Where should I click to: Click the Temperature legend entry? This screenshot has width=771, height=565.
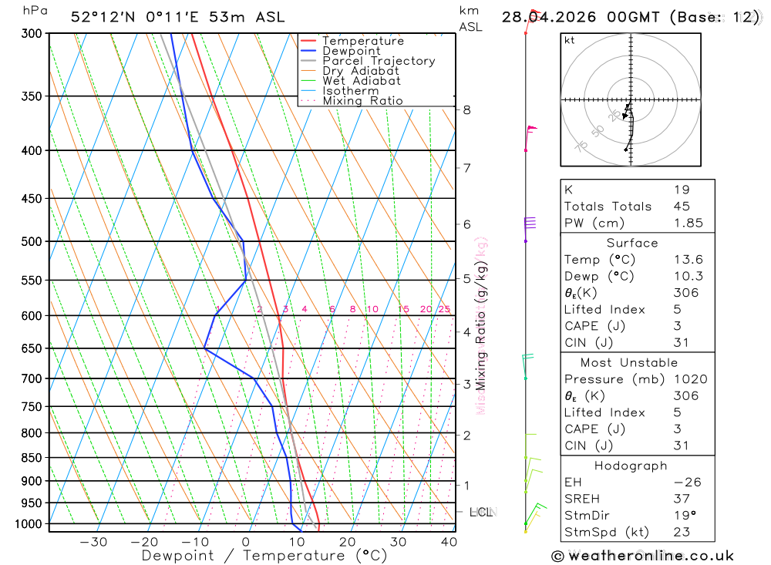point(362,41)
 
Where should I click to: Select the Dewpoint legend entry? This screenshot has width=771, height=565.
point(351,51)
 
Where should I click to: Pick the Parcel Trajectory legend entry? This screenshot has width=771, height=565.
point(378,61)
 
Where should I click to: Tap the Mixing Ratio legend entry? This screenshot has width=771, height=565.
point(362,101)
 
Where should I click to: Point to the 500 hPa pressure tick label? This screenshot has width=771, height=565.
point(31,241)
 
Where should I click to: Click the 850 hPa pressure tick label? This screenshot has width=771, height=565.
point(31,458)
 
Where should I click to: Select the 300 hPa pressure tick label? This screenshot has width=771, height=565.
point(31,34)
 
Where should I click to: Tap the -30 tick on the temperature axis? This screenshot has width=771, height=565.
point(93,542)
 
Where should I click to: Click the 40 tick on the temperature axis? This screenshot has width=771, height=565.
point(449,542)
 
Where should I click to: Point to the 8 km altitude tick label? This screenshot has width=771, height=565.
point(467,110)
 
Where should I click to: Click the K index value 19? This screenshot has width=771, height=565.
point(682,190)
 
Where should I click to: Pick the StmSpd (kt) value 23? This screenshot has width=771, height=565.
point(682,532)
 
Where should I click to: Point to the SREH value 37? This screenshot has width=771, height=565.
point(682,499)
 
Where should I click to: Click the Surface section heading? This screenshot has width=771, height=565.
point(632,243)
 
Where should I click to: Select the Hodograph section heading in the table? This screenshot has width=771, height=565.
point(631,466)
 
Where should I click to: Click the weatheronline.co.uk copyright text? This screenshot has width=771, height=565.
point(642,556)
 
